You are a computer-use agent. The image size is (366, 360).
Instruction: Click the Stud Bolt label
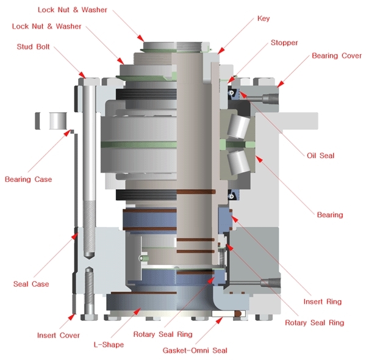(34, 46)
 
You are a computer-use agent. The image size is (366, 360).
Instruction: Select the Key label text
(264, 19)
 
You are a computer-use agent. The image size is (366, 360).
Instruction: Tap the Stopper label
(284, 43)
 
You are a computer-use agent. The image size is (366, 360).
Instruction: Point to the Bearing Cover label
(337, 56)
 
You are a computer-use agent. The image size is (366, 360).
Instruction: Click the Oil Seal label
(320, 156)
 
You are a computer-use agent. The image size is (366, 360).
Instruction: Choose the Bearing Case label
(28, 179)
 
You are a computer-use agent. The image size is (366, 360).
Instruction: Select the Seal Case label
(31, 284)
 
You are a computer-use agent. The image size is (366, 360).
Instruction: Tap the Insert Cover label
(59, 336)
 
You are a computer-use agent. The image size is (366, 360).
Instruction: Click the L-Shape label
(109, 345)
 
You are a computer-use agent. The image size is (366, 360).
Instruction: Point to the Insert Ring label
(323, 301)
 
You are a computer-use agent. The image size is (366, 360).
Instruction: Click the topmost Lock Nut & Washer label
(72, 10)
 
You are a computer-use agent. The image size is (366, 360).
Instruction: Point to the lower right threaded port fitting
(269, 283)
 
